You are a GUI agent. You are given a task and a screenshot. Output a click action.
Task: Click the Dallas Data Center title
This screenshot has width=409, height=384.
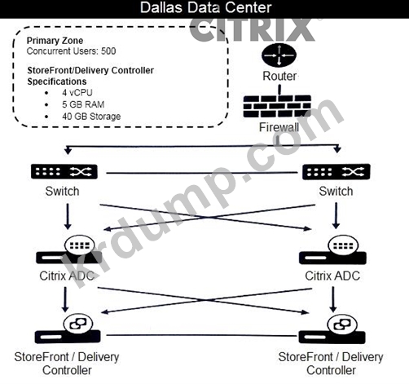pyautogui.click(x=205, y=7)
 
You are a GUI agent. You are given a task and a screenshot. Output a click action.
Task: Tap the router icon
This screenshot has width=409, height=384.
pyautogui.click(x=279, y=55)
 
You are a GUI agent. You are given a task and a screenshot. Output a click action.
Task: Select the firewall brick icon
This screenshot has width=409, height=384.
pyautogui.click(x=277, y=106)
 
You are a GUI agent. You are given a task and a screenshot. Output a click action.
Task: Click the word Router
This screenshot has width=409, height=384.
pyautogui.click(x=279, y=76)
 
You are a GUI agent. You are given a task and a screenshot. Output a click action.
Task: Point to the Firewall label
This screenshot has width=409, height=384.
pyautogui.click(x=279, y=127)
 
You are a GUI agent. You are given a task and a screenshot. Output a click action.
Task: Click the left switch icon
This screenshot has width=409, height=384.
pyautogui.click(x=64, y=171)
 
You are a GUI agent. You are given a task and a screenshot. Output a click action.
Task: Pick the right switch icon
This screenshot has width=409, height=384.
pyautogui.click(x=336, y=171)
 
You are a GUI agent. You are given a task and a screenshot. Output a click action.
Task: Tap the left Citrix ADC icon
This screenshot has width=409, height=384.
pyautogui.click(x=68, y=250)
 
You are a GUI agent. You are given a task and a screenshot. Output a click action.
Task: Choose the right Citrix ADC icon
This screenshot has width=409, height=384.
pyautogui.click(x=332, y=250)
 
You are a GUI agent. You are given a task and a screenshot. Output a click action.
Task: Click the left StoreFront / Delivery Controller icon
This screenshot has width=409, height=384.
pyautogui.click(x=68, y=329)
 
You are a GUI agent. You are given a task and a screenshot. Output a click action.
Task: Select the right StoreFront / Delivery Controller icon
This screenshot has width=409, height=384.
pyautogui.click(x=332, y=329)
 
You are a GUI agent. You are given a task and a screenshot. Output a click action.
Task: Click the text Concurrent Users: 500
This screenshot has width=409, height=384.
pyautogui.click(x=71, y=51)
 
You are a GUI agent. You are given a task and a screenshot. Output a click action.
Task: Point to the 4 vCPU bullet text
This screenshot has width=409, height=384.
pyautogui.click(x=77, y=93)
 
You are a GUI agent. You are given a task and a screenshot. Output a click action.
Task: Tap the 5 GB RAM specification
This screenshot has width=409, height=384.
pyautogui.click(x=83, y=104)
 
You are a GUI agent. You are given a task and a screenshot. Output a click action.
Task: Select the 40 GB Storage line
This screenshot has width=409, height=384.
pyautogui.click(x=91, y=117)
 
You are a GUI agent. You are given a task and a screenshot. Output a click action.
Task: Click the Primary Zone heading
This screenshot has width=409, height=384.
pyautogui.click(x=55, y=41)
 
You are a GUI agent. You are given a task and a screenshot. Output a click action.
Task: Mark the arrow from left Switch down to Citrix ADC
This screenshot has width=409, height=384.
pyautogui.click(x=68, y=216)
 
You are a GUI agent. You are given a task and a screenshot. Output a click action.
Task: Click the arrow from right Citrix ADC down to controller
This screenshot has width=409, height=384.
pyautogui.click(x=333, y=299)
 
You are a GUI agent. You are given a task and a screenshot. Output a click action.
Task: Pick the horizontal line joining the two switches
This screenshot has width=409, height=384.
pyautogui.click(x=202, y=173)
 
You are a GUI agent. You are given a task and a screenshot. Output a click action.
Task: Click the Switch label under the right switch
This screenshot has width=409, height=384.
pyautogui.click(x=336, y=192)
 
